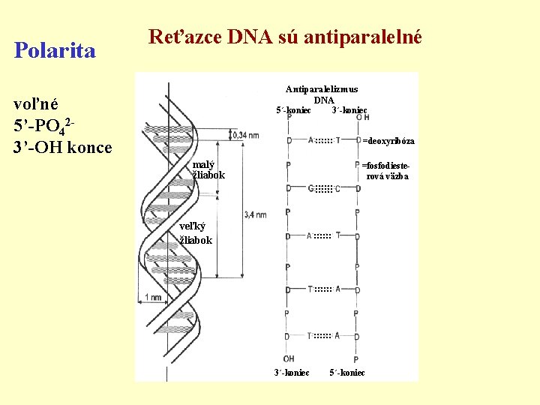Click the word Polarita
(x=55, y=51)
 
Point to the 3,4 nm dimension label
(x=255, y=215)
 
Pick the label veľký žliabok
(x=196, y=234)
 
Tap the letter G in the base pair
(x=310, y=188)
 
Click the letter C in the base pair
(x=338, y=188)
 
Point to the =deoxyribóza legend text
(x=388, y=141)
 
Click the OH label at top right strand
(x=361, y=118)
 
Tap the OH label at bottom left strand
(x=289, y=358)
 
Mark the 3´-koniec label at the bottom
(x=292, y=373)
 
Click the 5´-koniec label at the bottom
(x=347, y=373)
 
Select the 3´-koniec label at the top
(x=349, y=110)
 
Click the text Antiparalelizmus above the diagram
(x=322, y=89)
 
